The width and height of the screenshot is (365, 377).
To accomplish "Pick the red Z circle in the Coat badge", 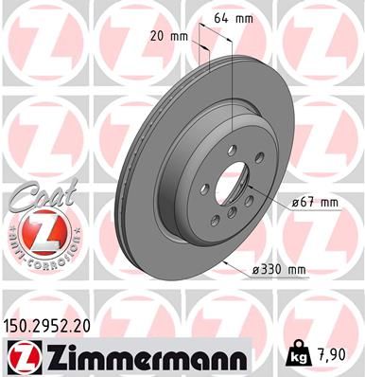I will coord(35,230).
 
